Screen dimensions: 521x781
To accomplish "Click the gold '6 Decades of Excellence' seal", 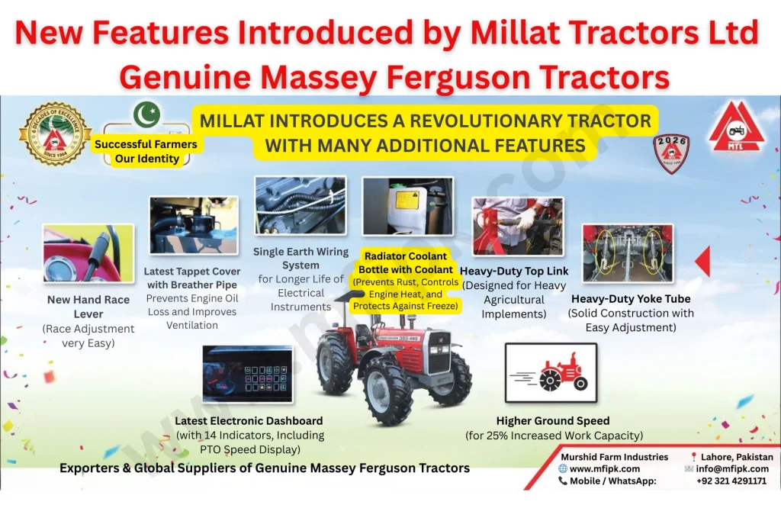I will [x=55, y=134].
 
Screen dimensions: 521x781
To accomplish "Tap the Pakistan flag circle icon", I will [x=146, y=114].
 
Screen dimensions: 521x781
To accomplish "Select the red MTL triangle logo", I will [x=736, y=127].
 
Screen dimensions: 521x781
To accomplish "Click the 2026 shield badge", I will [x=671, y=153].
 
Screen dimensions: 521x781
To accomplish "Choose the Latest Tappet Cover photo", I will [x=193, y=225].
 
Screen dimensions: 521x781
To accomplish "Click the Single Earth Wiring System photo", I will [x=300, y=205].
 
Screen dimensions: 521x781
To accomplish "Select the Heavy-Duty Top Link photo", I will [x=518, y=226].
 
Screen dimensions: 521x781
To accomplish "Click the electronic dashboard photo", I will [x=248, y=374].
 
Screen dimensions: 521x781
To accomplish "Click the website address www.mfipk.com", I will [x=604, y=469].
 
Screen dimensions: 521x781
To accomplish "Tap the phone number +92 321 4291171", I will [x=731, y=481].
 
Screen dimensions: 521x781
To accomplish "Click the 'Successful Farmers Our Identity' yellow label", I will [x=146, y=151].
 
